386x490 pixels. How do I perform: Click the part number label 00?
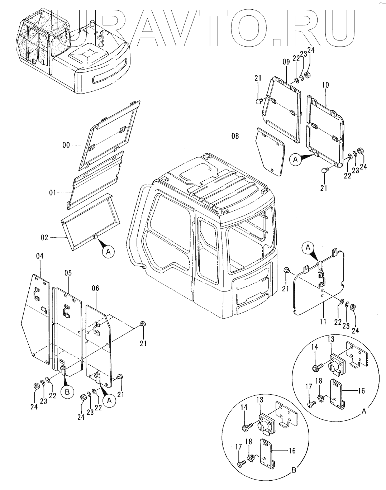point(66,145)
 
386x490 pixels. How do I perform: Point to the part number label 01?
point(53,194)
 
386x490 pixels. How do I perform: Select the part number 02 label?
point(45,237)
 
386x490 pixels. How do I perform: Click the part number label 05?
point(68,273)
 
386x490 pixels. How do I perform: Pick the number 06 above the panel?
point(95,288)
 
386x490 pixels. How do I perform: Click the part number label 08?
point(235,136)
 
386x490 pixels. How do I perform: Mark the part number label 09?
point(286,62)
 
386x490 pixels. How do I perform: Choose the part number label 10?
point(325,85)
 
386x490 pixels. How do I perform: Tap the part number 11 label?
point(323,322)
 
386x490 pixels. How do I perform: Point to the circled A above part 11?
point(308,247)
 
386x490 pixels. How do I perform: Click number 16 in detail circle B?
point(292,451)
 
